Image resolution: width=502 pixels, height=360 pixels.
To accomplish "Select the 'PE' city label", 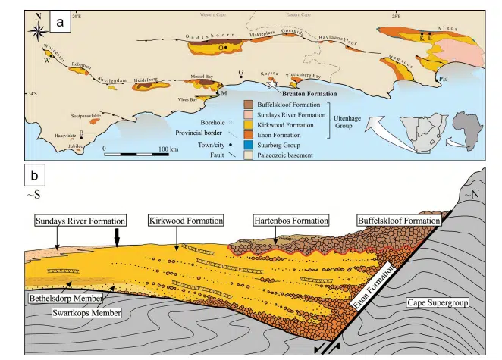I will pos(444,78).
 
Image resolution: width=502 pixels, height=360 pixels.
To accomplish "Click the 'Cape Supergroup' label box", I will pos(442,300).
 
